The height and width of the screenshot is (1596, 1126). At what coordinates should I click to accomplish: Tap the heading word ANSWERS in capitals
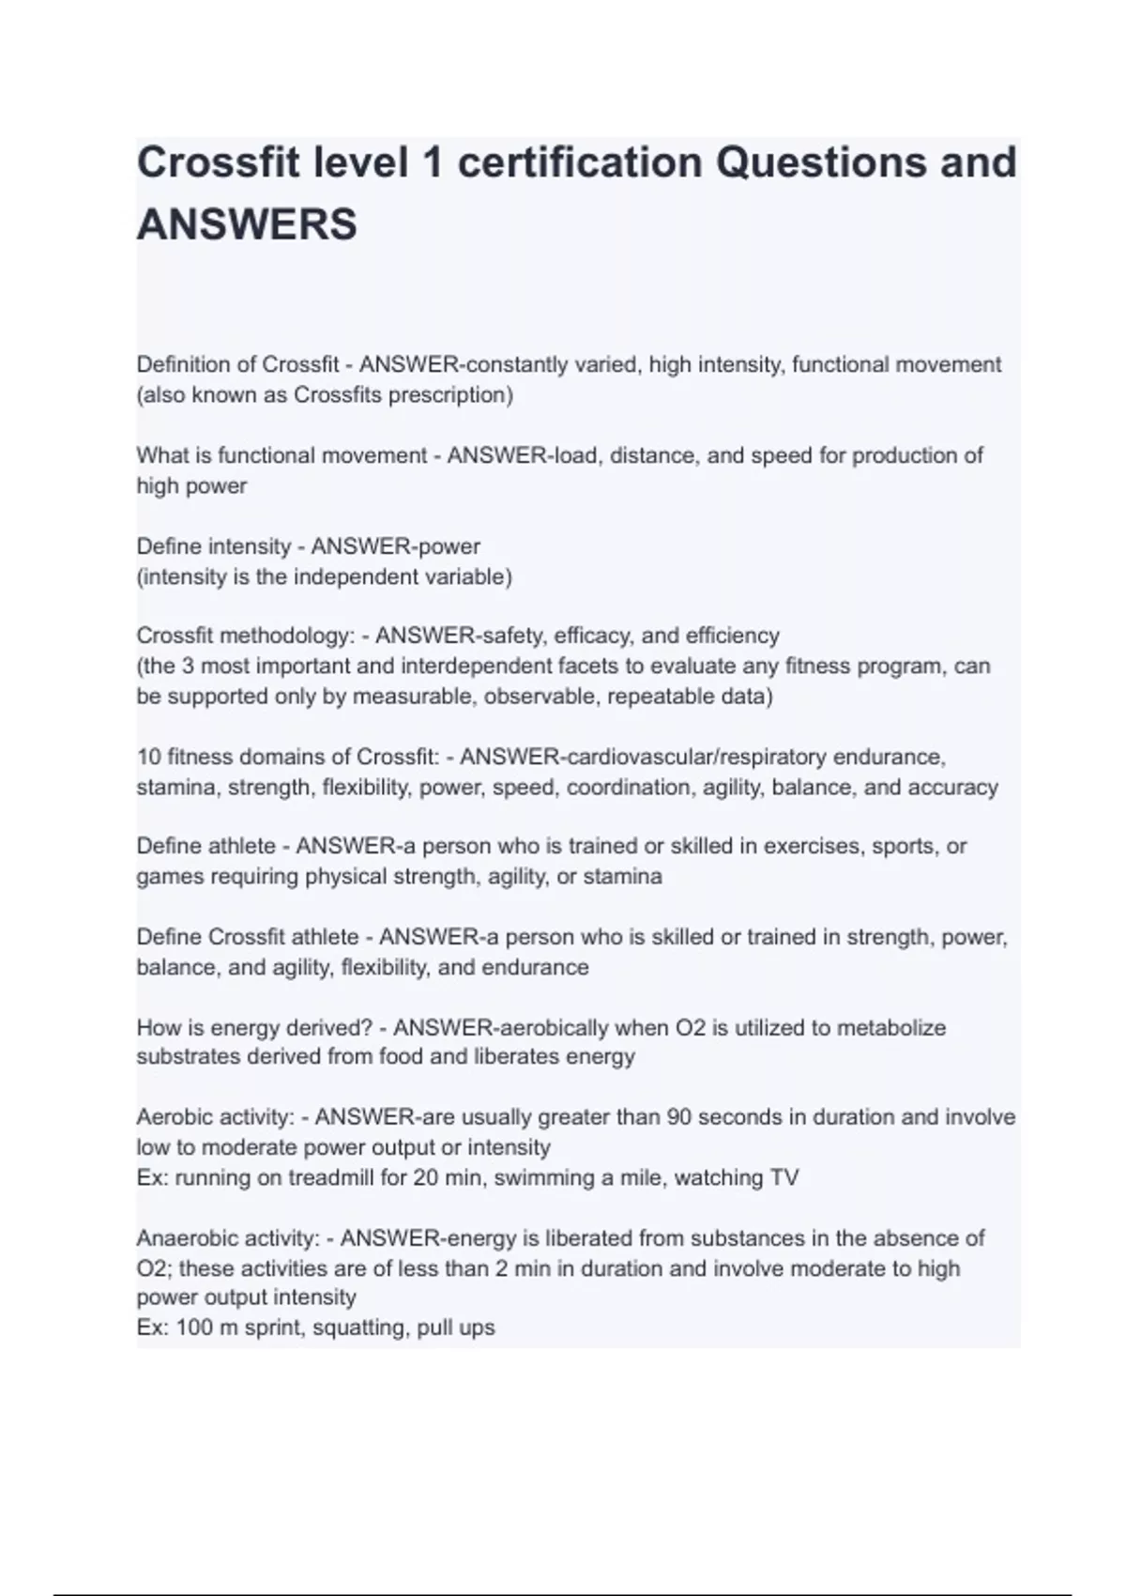point(247,225)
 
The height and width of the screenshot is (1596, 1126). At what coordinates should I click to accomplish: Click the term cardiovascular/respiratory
point(695,757)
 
